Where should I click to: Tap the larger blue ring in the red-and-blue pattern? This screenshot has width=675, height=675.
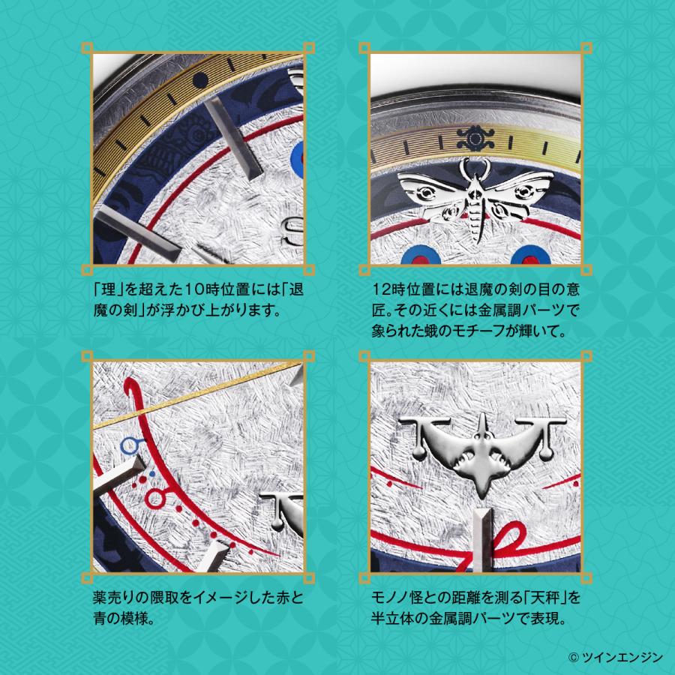coord(160,497)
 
